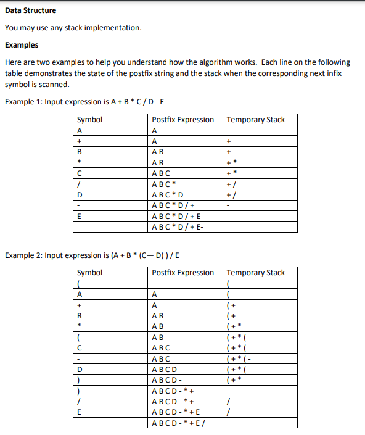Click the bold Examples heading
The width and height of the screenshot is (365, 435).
tap(22, 45)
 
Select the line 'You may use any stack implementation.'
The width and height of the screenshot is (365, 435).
tap(73, 28)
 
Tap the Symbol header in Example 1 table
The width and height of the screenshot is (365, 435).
tap(90, 120)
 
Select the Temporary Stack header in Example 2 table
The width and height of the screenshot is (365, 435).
tap(256, 273)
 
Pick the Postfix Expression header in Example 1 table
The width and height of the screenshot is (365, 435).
tap(183, 120)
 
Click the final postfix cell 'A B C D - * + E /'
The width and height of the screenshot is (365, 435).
tap(179, 423)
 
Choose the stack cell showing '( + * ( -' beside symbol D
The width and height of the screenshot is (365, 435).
tap(240, 369)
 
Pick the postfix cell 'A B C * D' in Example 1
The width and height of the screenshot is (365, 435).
tap(168, 194)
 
